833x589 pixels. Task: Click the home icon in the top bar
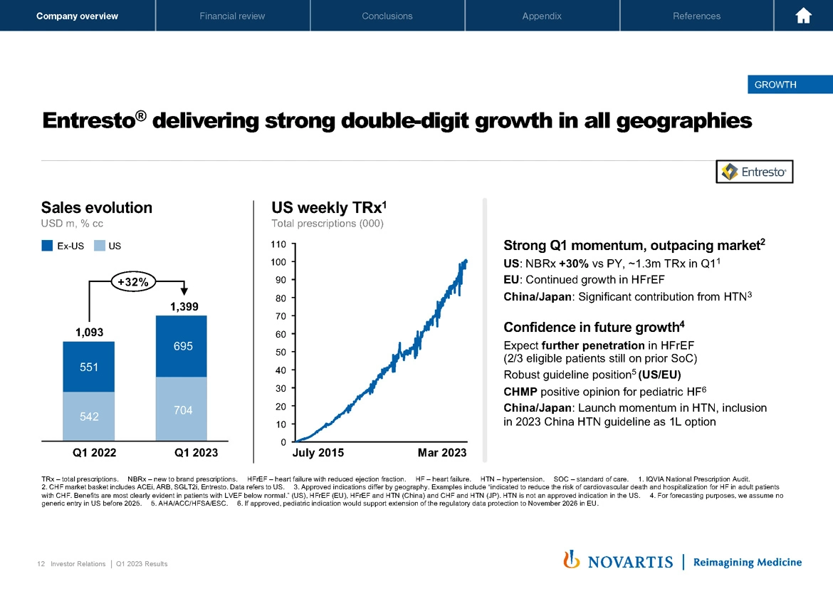[x=804, y=16]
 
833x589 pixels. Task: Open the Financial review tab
[x=232, y=16]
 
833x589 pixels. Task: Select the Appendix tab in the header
[x=541, y=16]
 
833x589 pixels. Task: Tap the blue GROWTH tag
[x=775, y=85]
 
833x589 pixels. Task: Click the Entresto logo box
[x=754, y=172]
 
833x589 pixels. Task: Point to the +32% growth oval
[x=133, y=282]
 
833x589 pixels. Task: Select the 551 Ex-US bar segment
[x=88, y=367]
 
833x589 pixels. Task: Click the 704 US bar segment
[x=181, y=410]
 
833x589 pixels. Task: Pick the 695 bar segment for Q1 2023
[x=181, y=346]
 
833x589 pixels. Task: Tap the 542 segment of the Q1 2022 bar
[x=88, y=416]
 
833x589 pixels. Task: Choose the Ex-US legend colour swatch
[x=47, y=246]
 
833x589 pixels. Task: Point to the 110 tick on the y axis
[x=278, y=244]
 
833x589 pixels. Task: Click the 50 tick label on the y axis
[x=281, y=352]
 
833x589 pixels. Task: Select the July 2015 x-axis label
[x=318, y=453]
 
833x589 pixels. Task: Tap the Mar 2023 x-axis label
[x=442, y=453]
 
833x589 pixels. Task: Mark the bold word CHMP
[x=520, y=392]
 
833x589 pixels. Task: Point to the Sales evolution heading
[x=97, y=207]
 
